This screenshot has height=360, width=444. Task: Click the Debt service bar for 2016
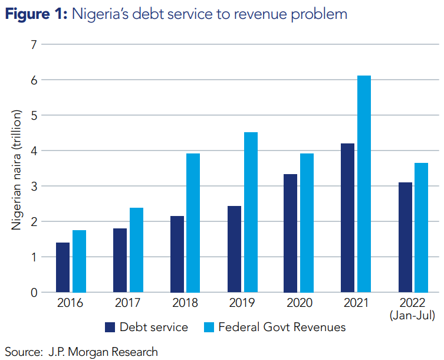(x=63, y=267)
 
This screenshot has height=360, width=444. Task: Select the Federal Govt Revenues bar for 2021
(x=364, y=184)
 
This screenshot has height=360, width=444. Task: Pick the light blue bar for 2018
(x=193, y=222)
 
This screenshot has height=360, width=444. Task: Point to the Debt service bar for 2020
(x=290, y=233)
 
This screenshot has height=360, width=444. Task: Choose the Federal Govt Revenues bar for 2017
(x=136, y=250)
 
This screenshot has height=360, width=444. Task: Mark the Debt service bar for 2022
(x=405, y=237)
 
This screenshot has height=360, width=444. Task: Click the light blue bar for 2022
(x=421, y=227)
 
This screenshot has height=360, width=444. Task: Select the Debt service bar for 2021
(x=347, y=218)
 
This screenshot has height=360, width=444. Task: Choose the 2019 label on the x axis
(x=242, y=303)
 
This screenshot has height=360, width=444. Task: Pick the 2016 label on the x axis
(x=71, y=303)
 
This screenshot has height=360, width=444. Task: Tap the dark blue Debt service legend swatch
(x=110, y=327)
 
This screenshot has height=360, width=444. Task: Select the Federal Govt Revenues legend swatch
(x=209, y=327)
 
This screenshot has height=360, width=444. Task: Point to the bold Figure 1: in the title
(x=35, y=14)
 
